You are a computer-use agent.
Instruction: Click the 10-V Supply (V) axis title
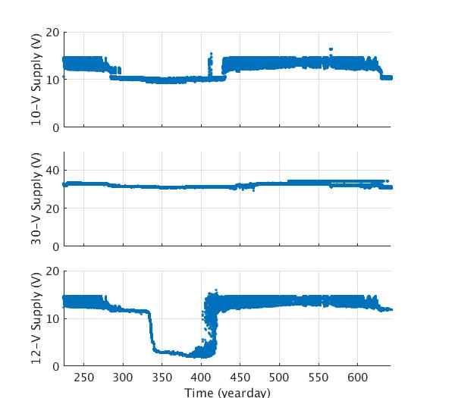point(36,80)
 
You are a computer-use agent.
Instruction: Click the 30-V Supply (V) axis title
point(36,199)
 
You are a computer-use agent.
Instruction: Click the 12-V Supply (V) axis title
point(36,318)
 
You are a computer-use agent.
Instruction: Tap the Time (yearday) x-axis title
point(227,392)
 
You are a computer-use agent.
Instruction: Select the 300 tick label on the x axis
point(123,378)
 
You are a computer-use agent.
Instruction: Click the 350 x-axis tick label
point(162,378)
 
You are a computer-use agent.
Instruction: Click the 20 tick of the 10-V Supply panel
point(52,32)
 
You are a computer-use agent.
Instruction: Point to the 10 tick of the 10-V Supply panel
point(52,80)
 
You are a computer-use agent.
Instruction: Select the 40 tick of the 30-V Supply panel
point(52,171)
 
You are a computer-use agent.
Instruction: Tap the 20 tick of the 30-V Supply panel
point(52,208)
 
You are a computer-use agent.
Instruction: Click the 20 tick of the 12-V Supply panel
point(52,271)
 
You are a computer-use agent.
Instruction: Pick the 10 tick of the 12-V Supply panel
point(52,318)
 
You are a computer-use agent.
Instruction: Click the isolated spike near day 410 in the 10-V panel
point(210,55)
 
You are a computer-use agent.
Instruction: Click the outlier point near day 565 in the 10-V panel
point(331,50)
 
